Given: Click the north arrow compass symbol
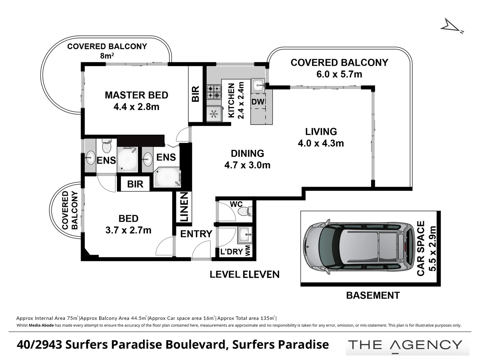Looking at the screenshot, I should [451, 27].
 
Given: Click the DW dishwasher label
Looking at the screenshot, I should [258, 102].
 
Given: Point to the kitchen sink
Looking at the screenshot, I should [258, 85].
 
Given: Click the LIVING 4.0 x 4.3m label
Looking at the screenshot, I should [321, 137].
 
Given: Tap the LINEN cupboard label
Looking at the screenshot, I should [184, 207].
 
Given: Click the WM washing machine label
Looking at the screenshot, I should [248, 251].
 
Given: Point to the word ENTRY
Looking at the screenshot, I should [196, 234].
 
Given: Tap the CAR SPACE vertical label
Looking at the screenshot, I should [421, 248].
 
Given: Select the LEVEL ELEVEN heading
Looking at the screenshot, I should [244, 275].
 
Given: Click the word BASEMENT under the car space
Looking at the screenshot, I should [373, 296].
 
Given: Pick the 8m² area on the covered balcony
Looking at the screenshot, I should [107, 56].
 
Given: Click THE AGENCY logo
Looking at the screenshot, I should [405, 345].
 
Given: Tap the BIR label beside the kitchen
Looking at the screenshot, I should [196, 94].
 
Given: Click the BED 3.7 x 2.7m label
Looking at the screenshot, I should [128, 224].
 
